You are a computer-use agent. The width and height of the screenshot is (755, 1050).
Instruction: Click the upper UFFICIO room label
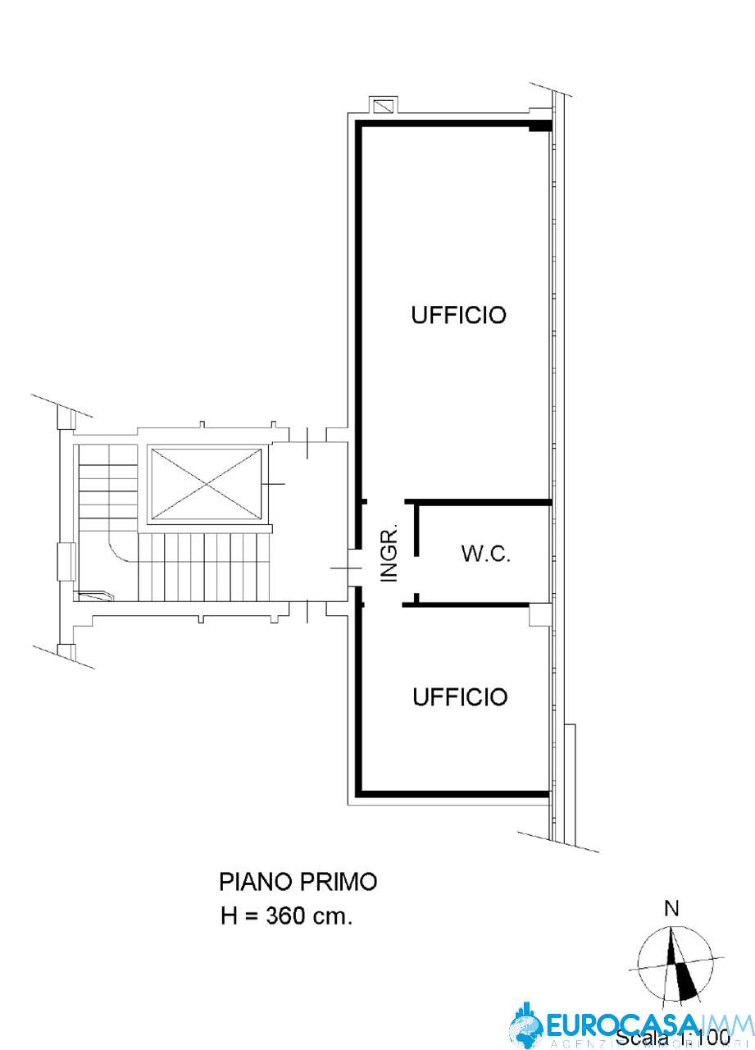[458, 315]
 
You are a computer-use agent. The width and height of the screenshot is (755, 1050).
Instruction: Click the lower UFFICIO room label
[460, 697]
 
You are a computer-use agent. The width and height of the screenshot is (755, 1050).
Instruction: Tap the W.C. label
[486, 555]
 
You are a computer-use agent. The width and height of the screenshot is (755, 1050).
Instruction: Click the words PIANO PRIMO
[298, 883]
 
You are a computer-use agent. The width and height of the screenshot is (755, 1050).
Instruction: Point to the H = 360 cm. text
[287, 916]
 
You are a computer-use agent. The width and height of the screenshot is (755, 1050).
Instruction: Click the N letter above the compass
[671, 908]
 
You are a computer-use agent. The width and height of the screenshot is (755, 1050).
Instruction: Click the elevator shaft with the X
[205, 484]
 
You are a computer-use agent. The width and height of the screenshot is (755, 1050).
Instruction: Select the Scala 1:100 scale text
[672, 1038]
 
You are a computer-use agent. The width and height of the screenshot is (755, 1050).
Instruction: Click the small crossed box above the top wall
[383, 106]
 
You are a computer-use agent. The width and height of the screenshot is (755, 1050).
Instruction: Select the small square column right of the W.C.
[539, 614]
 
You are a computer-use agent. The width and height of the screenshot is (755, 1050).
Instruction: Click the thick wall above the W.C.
[480, 500]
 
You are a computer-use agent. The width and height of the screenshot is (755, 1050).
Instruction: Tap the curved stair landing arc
[121, 552]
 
